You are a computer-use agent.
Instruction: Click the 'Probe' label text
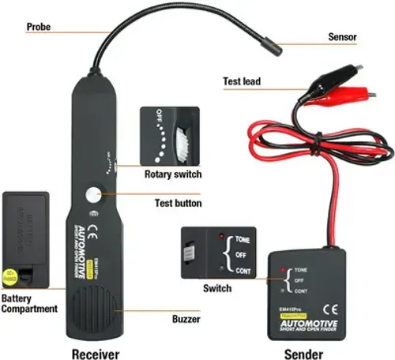click(39, 27)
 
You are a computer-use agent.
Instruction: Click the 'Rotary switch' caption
click(172, 174)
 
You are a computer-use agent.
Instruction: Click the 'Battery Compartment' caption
click(30, 304)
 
